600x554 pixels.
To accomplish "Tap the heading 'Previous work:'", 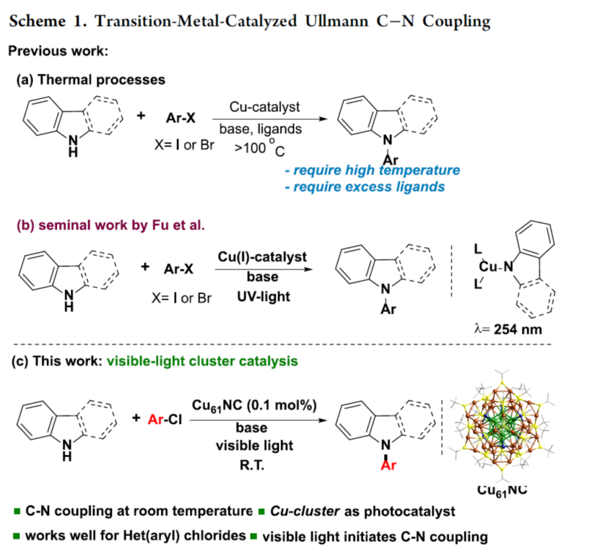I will [58, 51].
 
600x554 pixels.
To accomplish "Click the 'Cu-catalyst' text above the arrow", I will [264, 107].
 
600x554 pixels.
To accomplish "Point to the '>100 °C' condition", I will [259, 146].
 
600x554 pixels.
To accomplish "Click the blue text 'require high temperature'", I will [376, 171].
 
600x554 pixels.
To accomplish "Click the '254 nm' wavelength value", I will [519, 330].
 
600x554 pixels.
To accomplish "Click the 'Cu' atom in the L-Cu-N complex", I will [486, 266].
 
